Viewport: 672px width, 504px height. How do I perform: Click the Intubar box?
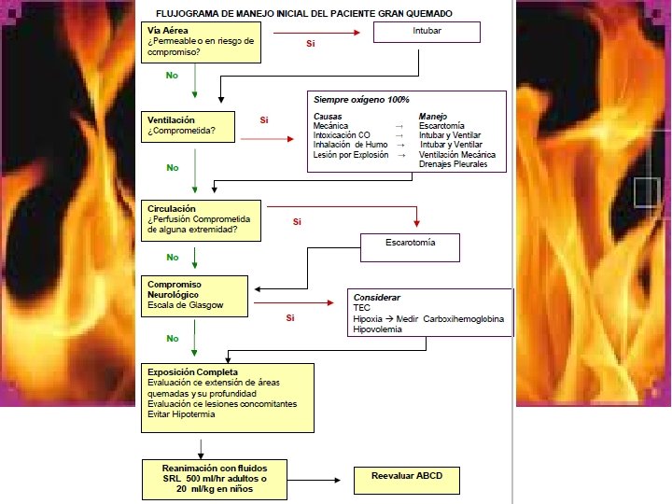pyautogui.click(x=427, y=32)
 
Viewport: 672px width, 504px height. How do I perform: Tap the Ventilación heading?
pyautogui.click(x=173, y=119)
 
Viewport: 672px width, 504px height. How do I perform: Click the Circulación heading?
pyautogui.click(x=173, y=208)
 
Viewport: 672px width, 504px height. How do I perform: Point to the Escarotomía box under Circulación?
pyautogui.click(x=411, y=246)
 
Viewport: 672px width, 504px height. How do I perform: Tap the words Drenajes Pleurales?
pyautogui.click(x=454, y=164)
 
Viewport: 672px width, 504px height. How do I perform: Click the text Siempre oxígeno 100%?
pyautogui.click(x=361, y=100)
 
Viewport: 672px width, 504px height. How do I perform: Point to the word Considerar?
pyautogui.click(x=375, y=296)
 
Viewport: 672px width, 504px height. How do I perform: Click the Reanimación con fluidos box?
pyautogui.click(x=213, y=479)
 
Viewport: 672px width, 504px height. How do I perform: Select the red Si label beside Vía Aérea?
pyautogui.click(x=311, y=44)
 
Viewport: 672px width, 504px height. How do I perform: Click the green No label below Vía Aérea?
pyautogui.click(x=172, y=75)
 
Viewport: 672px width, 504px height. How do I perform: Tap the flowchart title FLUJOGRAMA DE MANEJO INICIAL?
pyautogui.click(x=303, y=13)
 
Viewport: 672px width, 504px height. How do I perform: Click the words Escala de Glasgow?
pyautogui.click(x=186, y=305)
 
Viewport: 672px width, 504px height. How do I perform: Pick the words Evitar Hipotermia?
pyautogui.click(x=181, y=414)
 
